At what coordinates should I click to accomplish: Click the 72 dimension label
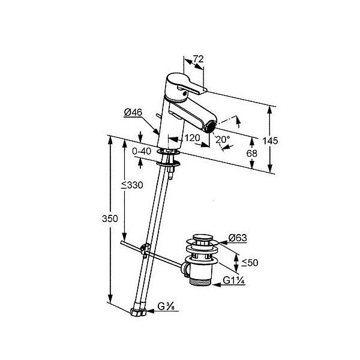(x=198, y=59)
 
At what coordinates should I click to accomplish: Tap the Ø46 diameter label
(x=133, y=113)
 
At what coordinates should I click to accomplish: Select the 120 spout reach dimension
(x=193, y=138)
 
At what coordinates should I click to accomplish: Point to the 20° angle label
(x=223, y=139)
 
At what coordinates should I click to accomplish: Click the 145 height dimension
(x=270, y=141)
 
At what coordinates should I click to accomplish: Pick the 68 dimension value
(x=252, y=154)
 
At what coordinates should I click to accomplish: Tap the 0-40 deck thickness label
(x=142, y=151)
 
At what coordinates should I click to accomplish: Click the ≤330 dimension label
(x=132, y=185)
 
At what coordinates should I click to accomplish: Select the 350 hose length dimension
(x=110, y=219)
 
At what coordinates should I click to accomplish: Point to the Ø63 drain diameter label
(x=238, y=238)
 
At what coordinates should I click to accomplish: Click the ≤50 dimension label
(x=250, y=262)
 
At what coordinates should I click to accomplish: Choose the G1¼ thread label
(x=234, y=280)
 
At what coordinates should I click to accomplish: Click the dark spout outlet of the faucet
(x=211, y=127)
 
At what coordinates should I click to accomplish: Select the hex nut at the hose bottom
(x=138, y=312)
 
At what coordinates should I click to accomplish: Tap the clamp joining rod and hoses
(x=145, y=248)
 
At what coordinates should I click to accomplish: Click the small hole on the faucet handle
(x=184, y=93)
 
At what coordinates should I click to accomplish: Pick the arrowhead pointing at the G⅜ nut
(x=150, y=311)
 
